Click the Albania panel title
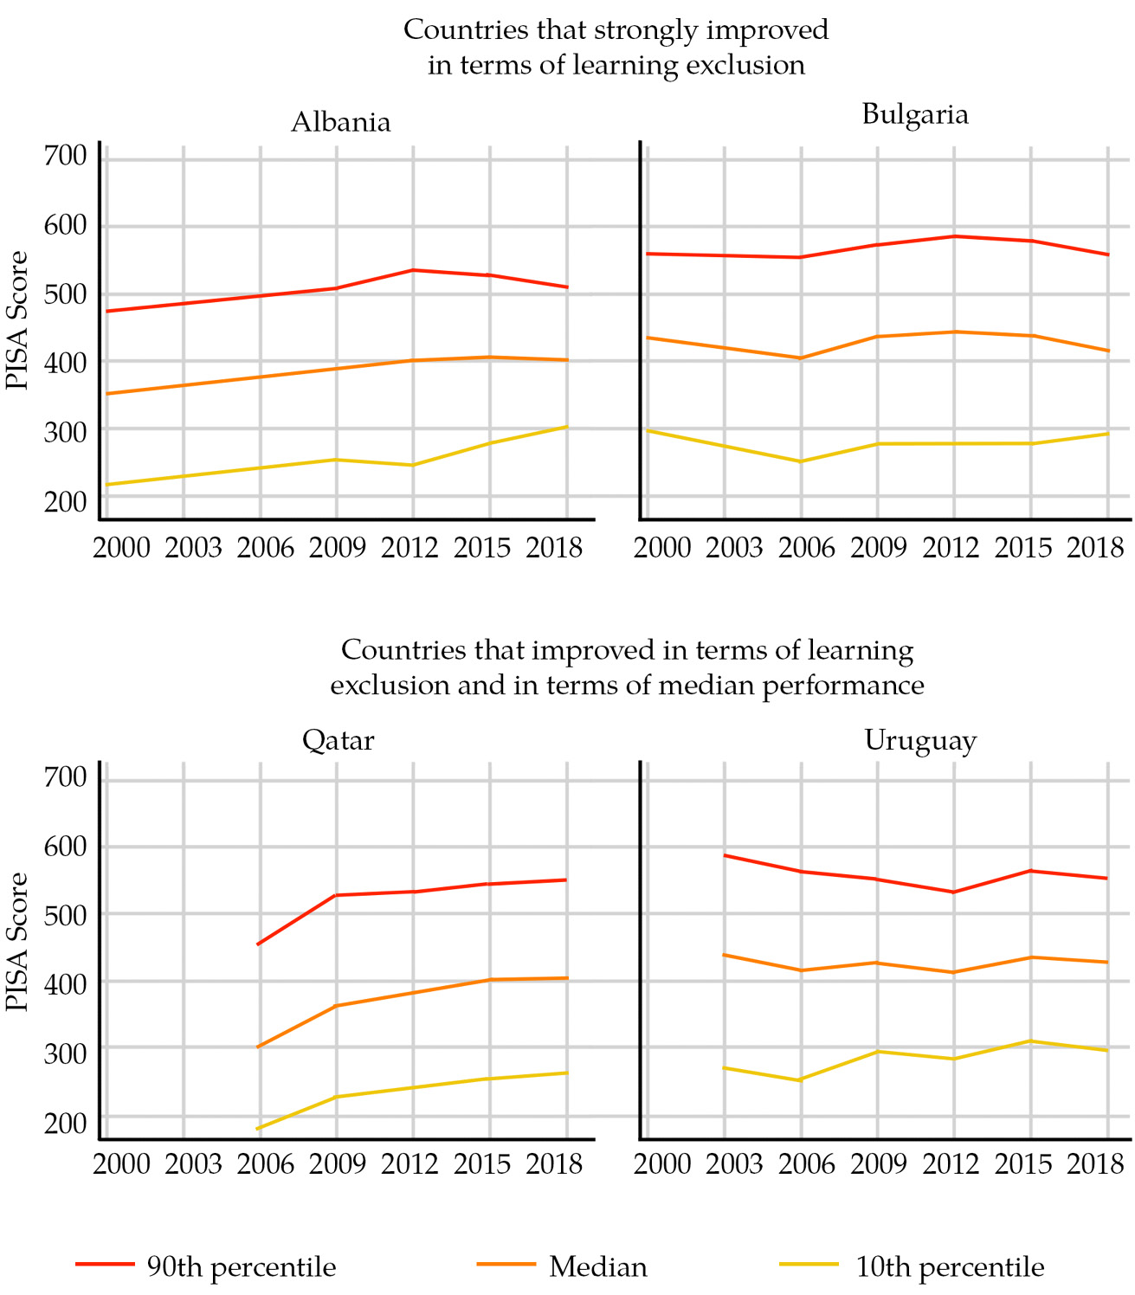(340, 122)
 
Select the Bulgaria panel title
(915, 114)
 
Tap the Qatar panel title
(339, 741)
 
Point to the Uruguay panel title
(920, 741)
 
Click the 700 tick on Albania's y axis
(67, 156)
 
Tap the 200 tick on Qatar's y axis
(67, 1124)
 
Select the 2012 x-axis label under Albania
(410, 548)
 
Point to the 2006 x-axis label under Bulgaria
(807, 548)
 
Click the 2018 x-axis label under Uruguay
(1095, 1164)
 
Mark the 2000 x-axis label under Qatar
(122, 1164)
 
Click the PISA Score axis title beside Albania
(17, 320)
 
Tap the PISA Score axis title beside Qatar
(17, 942)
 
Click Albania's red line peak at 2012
(413, 270)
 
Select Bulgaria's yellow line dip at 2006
(801, 461)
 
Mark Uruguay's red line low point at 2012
(953, 892)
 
